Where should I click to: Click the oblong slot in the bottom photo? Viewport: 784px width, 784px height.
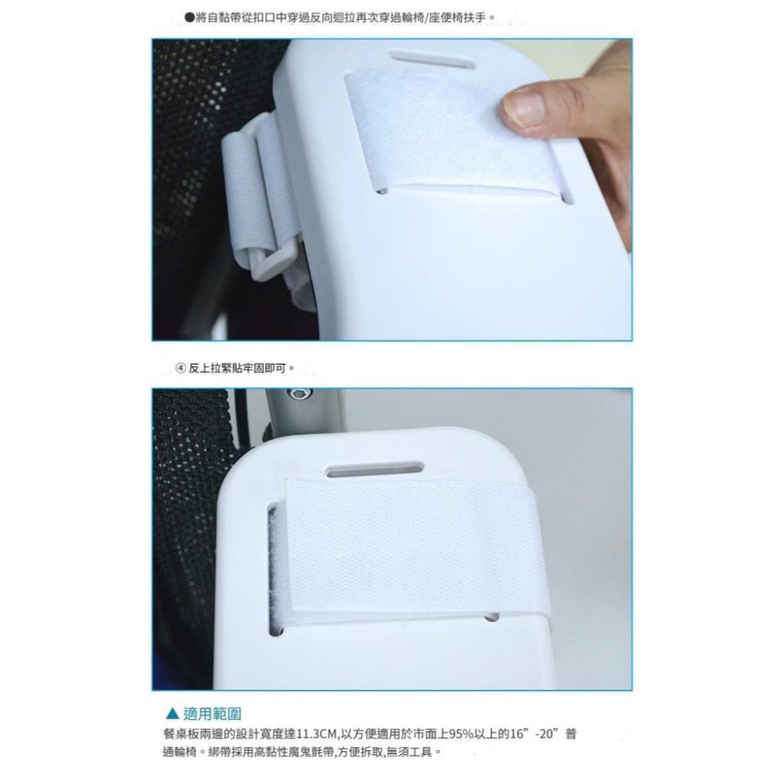[x=375, y=470]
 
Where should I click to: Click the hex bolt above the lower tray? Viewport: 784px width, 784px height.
[x=299, y=394]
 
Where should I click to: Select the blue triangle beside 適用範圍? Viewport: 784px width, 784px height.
[x=172, y=713]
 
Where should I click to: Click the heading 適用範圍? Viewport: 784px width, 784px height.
[x=212, y=713]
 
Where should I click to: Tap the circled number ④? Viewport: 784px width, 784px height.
[x=181, y=368]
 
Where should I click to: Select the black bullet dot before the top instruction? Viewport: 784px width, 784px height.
[x=189, y=17]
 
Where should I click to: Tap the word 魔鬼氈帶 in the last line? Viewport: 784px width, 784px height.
[x=313, y=752]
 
